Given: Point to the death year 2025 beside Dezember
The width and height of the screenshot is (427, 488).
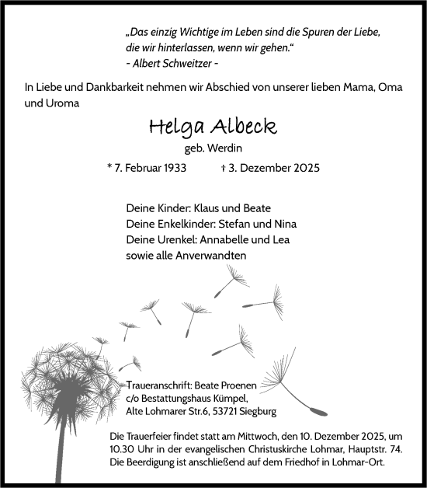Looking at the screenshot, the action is tap(304, 168).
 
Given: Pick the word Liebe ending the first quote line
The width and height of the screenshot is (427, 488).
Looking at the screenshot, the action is tap(363, 34).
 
